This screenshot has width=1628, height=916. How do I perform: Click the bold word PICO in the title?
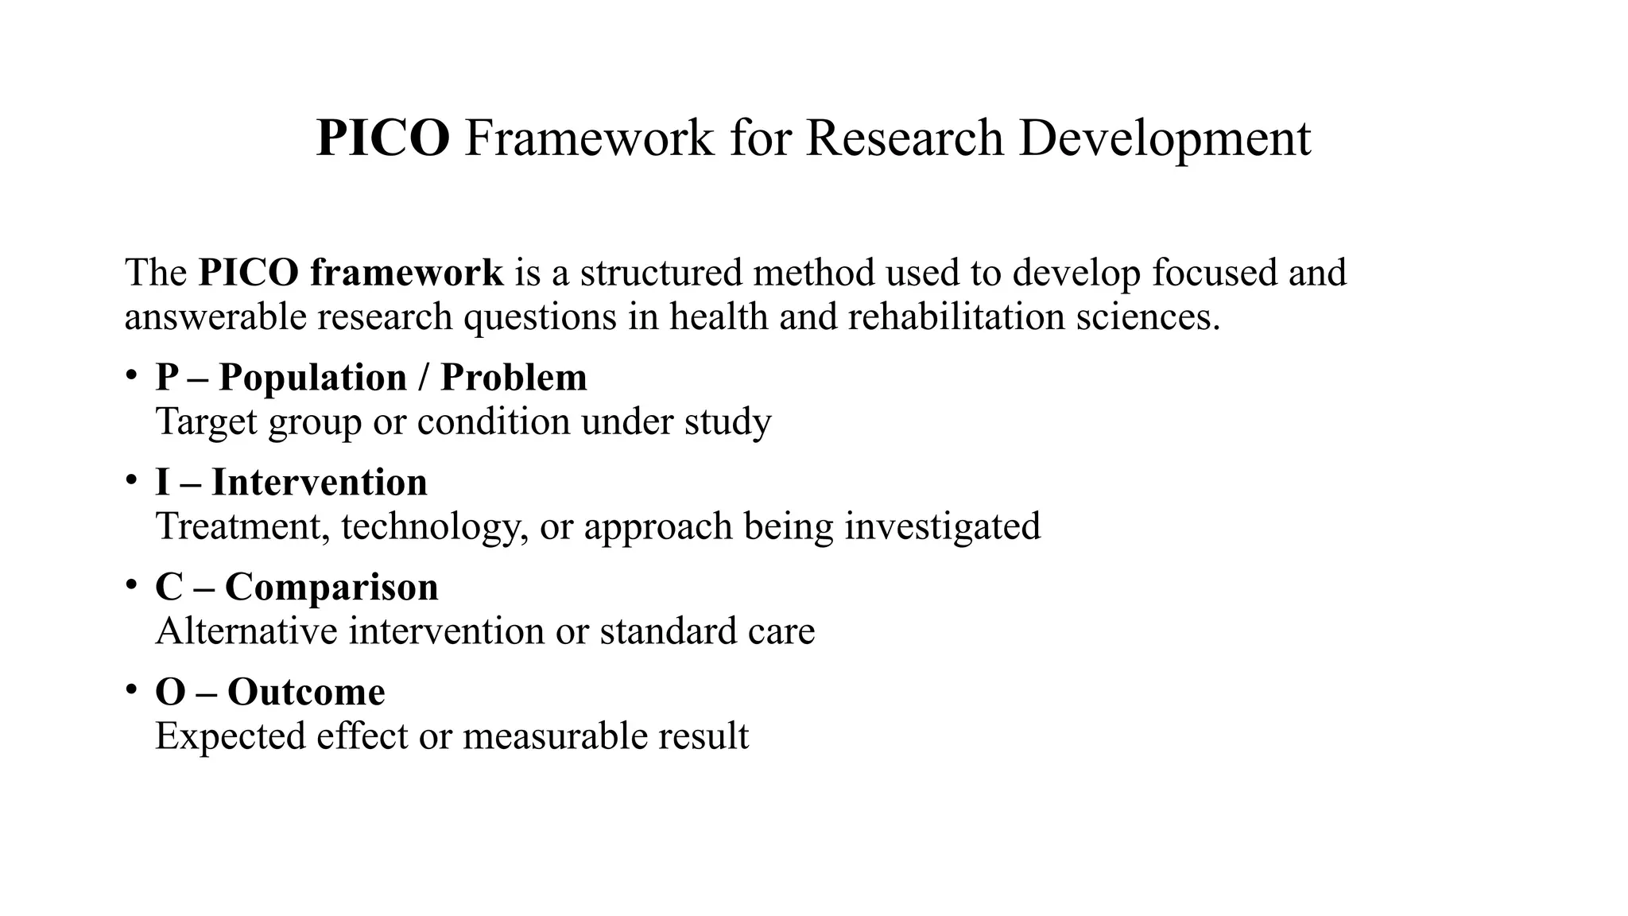click(x=383, y=138)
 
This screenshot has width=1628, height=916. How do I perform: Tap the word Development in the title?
click(x=1165, y=138)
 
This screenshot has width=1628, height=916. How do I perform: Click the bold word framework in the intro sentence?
click(x=406, y=273)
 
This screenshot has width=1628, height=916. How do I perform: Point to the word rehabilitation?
click(x=956, y=317)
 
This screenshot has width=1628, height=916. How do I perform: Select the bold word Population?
click(x=312, y=377)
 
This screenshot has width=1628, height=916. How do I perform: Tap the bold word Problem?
click(x=514, y=377)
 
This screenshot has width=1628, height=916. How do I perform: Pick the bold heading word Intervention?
click(x=320, y=483)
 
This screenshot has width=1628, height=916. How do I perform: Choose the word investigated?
click(x=942, y=526)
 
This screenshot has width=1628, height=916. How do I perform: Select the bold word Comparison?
click(x=331, y=588)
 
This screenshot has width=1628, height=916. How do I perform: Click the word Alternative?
click(x=246, y=631)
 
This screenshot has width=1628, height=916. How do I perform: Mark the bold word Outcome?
click(x=306, y=692)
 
